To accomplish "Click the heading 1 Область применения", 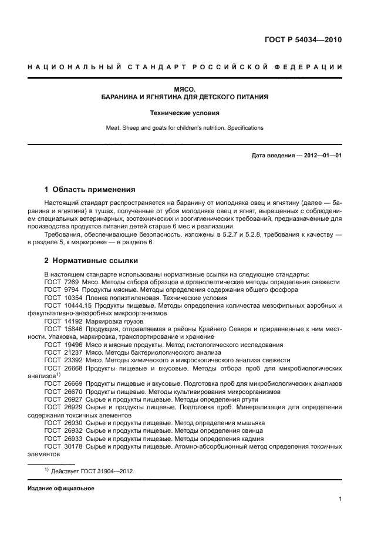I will (90, 190).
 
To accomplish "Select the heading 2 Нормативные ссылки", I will (92, 260).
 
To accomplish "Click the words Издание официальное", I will (61, 488).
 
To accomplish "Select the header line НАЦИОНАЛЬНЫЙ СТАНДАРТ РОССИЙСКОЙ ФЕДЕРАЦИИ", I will (185, 67).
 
